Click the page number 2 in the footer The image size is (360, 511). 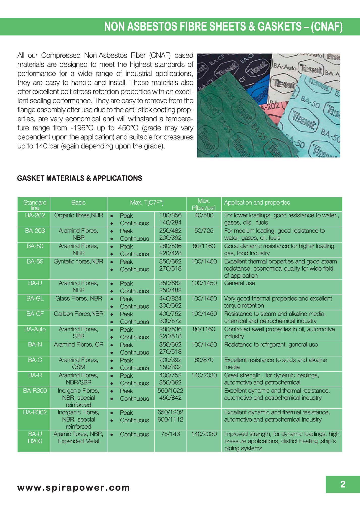pos(343,484)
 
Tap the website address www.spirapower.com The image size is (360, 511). pos(73,488)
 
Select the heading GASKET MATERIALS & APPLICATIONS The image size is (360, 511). pos(80,178)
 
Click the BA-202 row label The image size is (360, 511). pos(35,215)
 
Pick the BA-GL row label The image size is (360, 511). pos(35,299)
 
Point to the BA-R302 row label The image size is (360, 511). pos(35,412)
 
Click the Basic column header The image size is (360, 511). pos(78,203)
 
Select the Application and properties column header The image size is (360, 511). pos(257,203)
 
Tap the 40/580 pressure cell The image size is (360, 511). pos(204,215)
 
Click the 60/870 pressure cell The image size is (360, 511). pos(204,360)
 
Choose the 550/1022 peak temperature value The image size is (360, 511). pos(170,391)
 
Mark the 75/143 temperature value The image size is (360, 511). pos(170,434)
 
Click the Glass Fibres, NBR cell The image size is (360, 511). pos(78,299)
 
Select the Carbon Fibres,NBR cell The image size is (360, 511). pos(78,314)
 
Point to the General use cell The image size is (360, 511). pos(239,283)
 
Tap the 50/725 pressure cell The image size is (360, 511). pos(204,231)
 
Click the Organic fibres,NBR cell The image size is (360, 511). pos(78,215)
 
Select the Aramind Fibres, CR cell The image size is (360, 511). pos(78,345)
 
